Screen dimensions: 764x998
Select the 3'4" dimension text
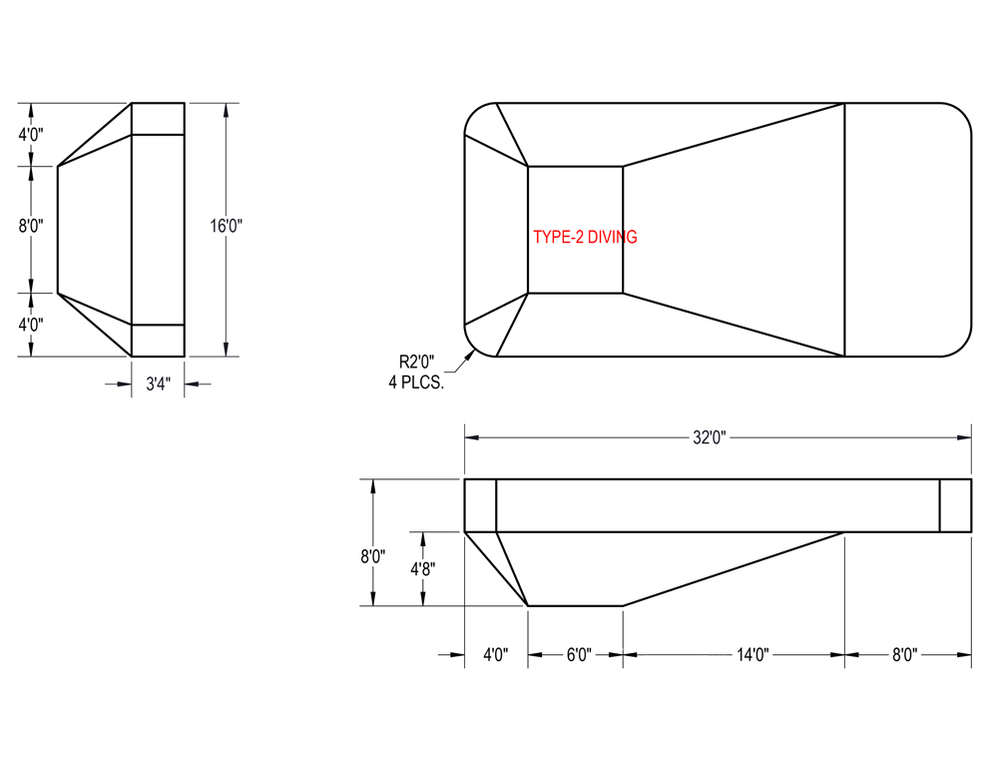158,384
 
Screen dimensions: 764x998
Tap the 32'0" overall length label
710,437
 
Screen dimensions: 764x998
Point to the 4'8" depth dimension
422,567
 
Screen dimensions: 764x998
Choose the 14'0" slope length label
750,655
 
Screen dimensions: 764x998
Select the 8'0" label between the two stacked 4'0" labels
31,226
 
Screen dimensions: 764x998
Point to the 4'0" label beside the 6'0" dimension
496,655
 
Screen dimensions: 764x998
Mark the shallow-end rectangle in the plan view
906,230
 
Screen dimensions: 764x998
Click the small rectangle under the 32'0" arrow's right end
955,505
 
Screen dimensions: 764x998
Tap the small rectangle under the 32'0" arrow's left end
480,505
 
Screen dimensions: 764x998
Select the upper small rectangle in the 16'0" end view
158,119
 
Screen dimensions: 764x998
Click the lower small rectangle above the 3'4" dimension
158,341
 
